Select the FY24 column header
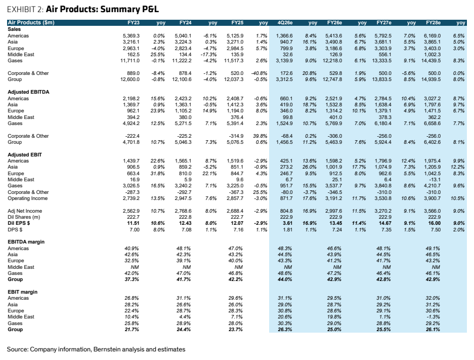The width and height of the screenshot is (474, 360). coord(185,23)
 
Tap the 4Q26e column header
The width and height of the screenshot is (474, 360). coord(285,23)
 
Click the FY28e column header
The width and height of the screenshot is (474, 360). coord(433,23)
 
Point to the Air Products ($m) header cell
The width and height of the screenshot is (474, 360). coord(31,23)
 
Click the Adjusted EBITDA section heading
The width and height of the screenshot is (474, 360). coord(28,92)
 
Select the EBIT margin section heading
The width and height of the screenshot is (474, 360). coord(22,292)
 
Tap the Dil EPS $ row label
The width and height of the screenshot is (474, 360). coord(19,223)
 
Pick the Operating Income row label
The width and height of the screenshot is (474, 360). coord(27,198)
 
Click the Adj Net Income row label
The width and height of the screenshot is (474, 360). coord(25,211)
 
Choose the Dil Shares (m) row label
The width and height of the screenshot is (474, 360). coord(24,217)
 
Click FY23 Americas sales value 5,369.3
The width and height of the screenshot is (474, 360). coord(131,36)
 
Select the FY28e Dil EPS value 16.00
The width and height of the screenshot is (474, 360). coord(435,223)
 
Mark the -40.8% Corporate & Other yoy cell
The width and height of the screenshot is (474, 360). coord(259,73)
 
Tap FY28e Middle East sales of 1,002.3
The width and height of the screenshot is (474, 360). coord(433,55)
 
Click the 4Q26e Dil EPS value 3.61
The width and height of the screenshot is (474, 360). coord(287,223)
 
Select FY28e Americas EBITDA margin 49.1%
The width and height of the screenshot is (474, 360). coord(433,249)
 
